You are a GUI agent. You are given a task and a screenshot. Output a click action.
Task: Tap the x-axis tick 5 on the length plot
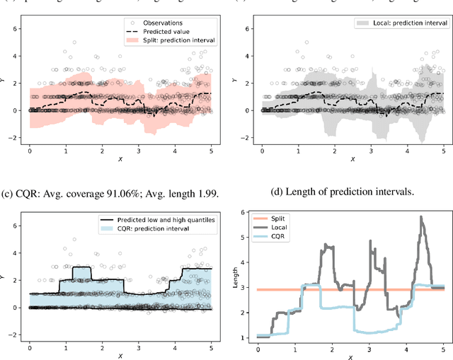tap(443, 350)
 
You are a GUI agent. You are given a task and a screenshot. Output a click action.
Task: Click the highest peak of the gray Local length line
tap(423, 217)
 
